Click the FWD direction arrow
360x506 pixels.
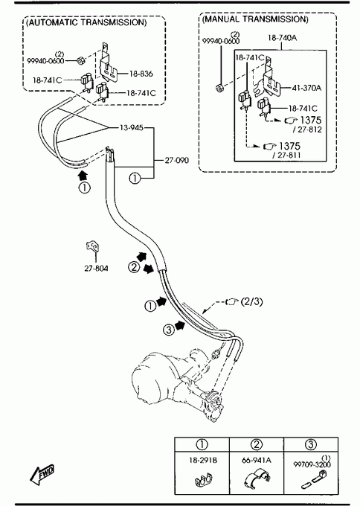click(42, 475)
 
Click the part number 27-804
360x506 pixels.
click(96, 268)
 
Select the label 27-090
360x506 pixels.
click(177, 160)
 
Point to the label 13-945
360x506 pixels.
click(132, 128)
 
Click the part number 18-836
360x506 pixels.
click(141, 74)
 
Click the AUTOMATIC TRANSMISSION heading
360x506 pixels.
click(86, 22)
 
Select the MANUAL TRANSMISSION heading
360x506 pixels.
click(255, 19)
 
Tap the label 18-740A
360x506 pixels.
click(282, 38)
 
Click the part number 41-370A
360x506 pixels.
click(306, 88)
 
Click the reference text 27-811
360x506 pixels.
click(286, 156)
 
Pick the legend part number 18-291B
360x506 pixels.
click(203, 460)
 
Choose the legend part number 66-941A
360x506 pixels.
click(257, 460)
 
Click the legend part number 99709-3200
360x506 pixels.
click(312, 464)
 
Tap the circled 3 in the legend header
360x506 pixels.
click(310, 445)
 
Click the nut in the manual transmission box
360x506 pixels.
click(219, 87)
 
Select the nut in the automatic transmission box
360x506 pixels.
click(80, 60)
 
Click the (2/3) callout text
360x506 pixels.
click(251, 301)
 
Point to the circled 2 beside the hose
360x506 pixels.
click(134, 267)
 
